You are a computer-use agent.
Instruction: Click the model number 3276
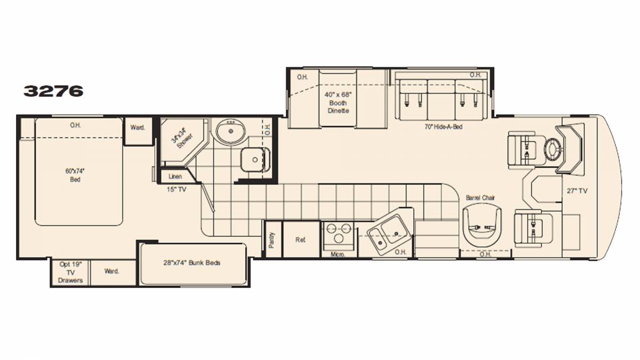[53, 91]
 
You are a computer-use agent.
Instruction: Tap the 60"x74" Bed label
[75, 175]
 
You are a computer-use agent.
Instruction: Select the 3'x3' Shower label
[182, 139]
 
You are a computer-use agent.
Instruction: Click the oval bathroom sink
[231, 132]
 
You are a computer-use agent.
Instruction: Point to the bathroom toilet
[255, 159]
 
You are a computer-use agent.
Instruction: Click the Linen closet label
[175, 177]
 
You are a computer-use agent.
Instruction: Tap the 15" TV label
[177, 189]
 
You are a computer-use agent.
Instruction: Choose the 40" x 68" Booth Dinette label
[338, 102]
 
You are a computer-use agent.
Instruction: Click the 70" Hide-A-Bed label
[443, 126]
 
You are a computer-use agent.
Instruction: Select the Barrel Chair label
[481, 198]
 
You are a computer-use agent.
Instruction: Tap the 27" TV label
[577, 191]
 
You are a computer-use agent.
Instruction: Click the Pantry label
[271, 240]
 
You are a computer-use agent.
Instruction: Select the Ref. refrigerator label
[300, 240]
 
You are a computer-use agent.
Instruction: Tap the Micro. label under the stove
[338, 254]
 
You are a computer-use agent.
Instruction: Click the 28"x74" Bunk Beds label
[191, 263]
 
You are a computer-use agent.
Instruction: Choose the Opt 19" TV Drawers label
[70, 273]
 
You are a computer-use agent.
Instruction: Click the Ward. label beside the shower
[138, 127]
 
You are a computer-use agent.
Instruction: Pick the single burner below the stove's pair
[339, 238]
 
